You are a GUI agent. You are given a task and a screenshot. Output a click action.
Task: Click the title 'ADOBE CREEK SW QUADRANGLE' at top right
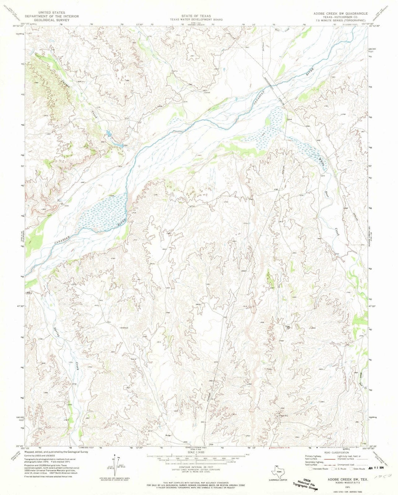[340, 13]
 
